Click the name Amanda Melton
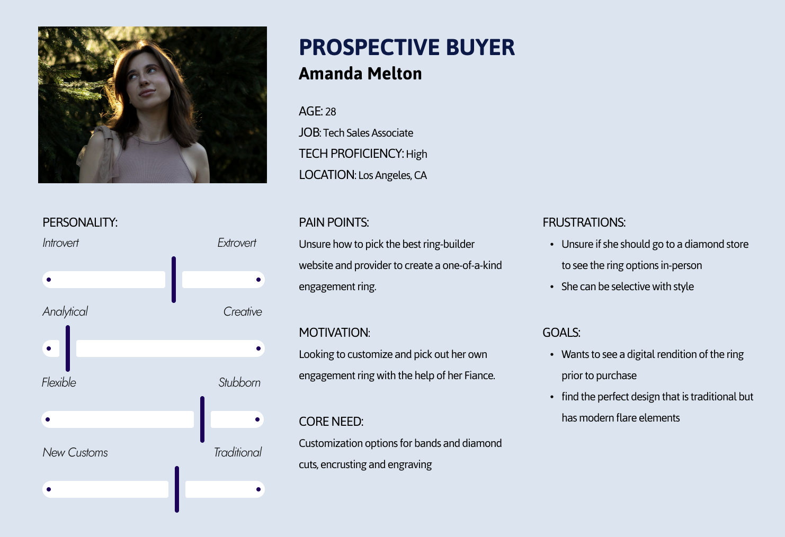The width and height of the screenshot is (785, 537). click(360, 74)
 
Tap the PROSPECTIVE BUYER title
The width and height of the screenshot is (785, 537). click(406, 47)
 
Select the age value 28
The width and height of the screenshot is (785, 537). click(331, 112)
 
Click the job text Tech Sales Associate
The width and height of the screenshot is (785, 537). click(368, 133)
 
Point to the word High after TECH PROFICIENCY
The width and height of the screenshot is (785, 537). click(416, 154)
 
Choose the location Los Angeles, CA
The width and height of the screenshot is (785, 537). click(392, 175)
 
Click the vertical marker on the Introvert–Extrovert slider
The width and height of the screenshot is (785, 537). click(173, 280)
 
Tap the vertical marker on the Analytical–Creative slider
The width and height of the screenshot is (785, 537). click(68, 348)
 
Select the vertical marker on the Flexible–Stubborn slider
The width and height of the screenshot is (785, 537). click(202, 419)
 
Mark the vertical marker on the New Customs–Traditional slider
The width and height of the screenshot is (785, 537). click(176, 489)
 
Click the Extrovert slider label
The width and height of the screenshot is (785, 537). click(237, 243)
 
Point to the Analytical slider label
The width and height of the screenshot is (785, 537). click(65, 312)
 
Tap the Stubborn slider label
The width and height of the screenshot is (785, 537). click(239, 382)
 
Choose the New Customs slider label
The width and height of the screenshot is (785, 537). click(75, 452)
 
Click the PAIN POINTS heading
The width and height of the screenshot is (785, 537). click(334, 222)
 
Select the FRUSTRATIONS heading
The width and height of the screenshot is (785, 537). click(584, 222)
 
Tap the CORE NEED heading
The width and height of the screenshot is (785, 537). click(331, 422)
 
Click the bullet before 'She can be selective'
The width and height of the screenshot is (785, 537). click(552, 287)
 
